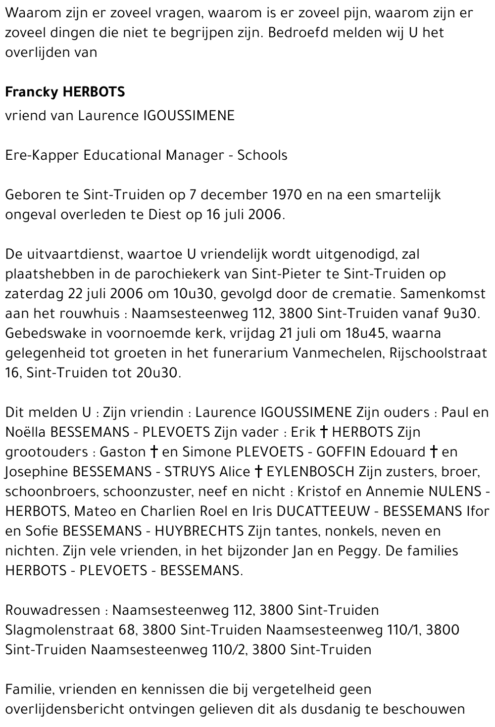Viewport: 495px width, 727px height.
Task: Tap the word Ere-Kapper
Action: (x=42, y=155)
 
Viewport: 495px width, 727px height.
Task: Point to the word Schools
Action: (x=262, y=155)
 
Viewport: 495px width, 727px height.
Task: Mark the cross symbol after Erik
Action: (x=324, y=432)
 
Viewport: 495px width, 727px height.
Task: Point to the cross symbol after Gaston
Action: (x=153, y=452)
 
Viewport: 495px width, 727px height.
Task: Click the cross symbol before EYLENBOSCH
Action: (x=258, y=472)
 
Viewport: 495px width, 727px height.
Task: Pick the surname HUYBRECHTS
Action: (x=199, y=531)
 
